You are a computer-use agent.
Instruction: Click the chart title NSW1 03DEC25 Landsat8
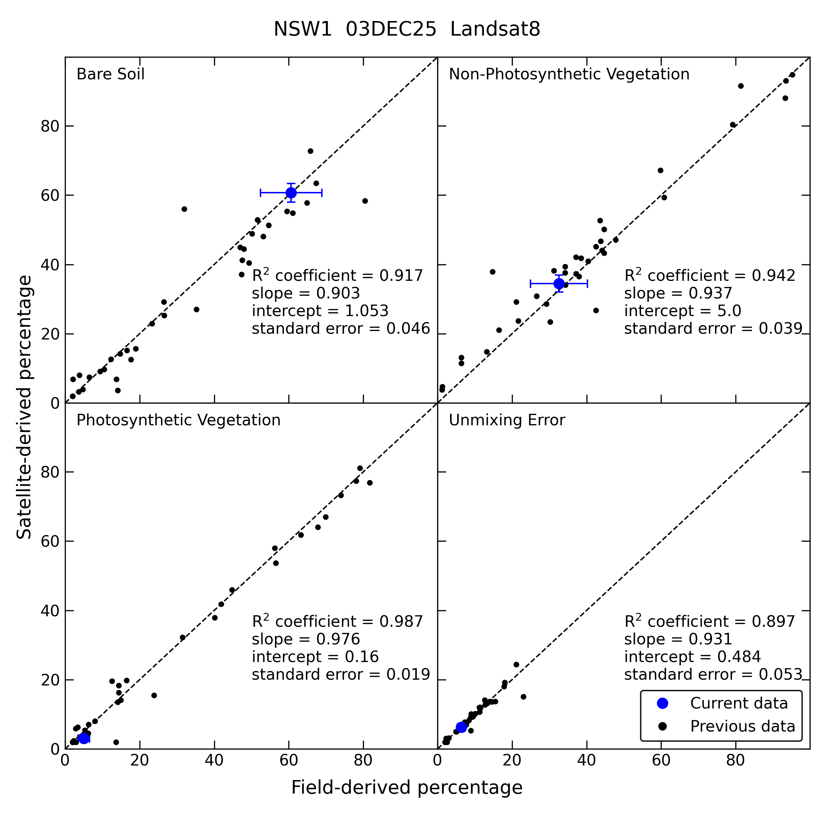pos(407,30)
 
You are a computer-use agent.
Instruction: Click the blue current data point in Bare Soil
pos(291,193)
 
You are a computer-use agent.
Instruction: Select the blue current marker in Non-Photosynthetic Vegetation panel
pos(559,284)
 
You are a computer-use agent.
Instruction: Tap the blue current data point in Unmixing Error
pos(461,727)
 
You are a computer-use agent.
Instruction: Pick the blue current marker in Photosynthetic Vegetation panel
pos(84,738)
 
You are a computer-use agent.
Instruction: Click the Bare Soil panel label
pos(110,74)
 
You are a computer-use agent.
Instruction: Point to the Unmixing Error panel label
pos(507,420)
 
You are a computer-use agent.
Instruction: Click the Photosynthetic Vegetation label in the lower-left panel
pos(178,420)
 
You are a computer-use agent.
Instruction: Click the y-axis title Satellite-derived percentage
pos(24,407)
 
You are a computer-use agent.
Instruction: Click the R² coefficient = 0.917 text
pos(337,275)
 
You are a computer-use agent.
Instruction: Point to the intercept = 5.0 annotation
pos(682,311)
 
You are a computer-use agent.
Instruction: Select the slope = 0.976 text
pos(306,639)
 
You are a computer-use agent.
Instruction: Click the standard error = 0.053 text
pos(713,674)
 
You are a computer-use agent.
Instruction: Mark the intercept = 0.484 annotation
pos(693,656)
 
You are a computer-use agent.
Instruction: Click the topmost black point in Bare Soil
pos(311,151)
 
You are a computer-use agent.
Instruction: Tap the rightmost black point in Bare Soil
pos(365,201)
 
